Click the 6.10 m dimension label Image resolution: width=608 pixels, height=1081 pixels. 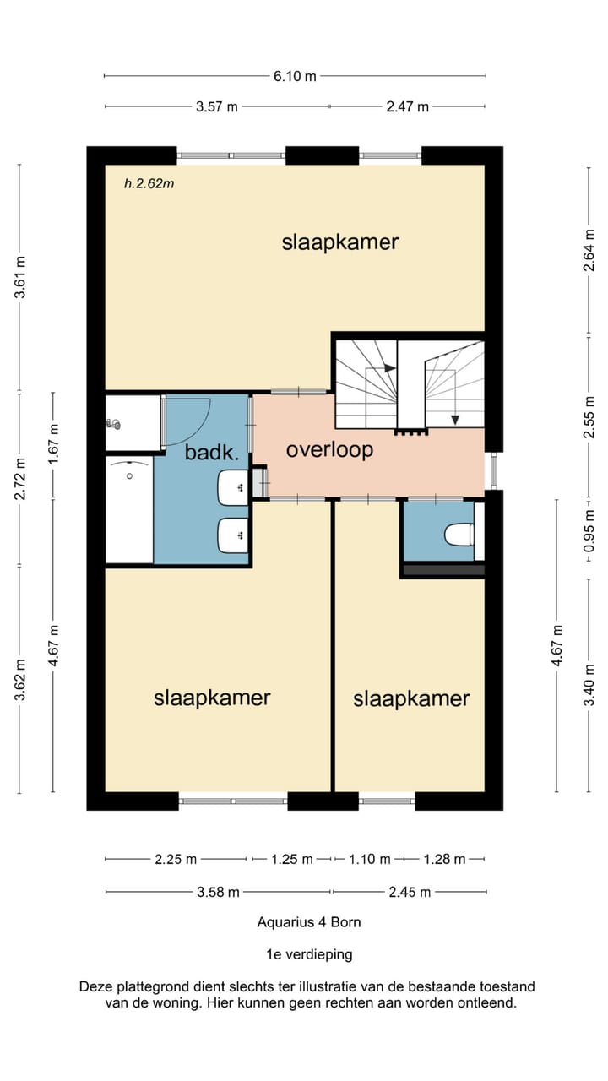click(295, 76)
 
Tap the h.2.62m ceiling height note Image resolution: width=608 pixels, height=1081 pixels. click(149, 183)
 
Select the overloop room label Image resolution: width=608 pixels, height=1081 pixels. click(329, 450)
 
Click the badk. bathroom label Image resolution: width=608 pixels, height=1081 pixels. click(212, 453)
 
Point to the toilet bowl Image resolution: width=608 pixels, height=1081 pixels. click(459, 535)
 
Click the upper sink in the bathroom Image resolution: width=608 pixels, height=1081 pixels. click(233, 488)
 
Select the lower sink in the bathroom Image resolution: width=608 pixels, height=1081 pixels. click(233, 535)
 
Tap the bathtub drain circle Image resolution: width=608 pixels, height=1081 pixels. click(129, 476)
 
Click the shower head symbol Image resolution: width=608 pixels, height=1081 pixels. click(113, 424)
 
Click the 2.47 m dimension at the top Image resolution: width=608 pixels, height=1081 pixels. click(407, 106)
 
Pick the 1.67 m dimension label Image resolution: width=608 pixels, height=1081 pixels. click(53, 443)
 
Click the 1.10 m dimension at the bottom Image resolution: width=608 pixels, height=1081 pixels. click(370, 860)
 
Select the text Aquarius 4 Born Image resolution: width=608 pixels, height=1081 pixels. click(309, 922)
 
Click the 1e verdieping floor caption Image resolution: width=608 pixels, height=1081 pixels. click(309, 954)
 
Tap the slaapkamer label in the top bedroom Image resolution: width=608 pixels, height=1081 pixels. click(340, 242)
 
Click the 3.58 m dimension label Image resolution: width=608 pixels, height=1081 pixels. click(218, 893)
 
